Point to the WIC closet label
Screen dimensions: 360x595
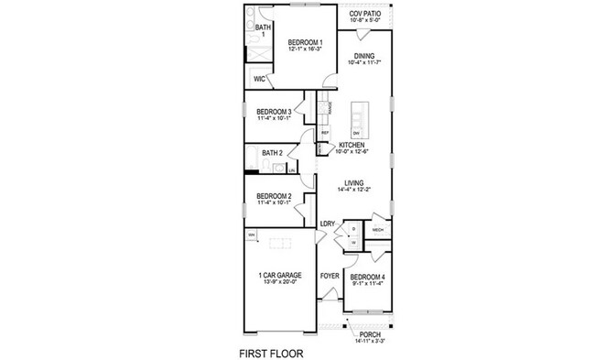tap(260, 79)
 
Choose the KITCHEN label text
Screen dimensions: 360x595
tap(353, 146)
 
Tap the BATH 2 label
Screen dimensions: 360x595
tap(272, 152)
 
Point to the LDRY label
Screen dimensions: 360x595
tap(327, 224)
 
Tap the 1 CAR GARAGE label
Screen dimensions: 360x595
tap(278, 275)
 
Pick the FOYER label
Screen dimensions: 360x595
tap(330, 276)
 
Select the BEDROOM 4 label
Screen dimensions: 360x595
tap(368, 277)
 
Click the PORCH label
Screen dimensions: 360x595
tap(370, 335)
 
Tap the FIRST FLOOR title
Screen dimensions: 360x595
tap(271, 352)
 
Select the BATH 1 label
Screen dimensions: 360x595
tap(264, 31)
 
